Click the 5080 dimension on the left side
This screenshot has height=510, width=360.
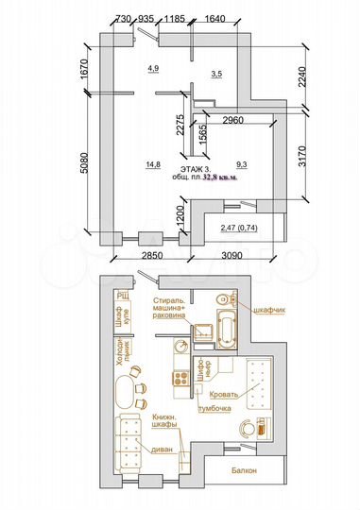pyautogui.click(x=84, y=169)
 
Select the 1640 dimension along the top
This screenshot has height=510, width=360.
pyautogui.click(x=215, y=18)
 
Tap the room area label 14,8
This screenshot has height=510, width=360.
pyautogui.click(x=152, y=163)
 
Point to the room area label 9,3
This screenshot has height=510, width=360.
pyautogui.click(x=241, y=163)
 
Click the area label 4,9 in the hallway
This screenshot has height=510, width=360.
pyautogui.click(x=154, y=68)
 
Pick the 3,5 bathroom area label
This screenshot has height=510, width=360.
pyautogui.click(x=216, y=73)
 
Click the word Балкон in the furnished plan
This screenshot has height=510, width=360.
pyautogui.click(x=245, y=470)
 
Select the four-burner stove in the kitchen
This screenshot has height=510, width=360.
pyautogui.click(x=178, y=378)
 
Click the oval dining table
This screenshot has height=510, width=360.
pyautogui.click(x=122, y=393)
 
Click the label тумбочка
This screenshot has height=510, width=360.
pyautogui.click(x=216, y=408)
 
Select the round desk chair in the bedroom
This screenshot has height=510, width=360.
pyautogui.click(x=249, y=427)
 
